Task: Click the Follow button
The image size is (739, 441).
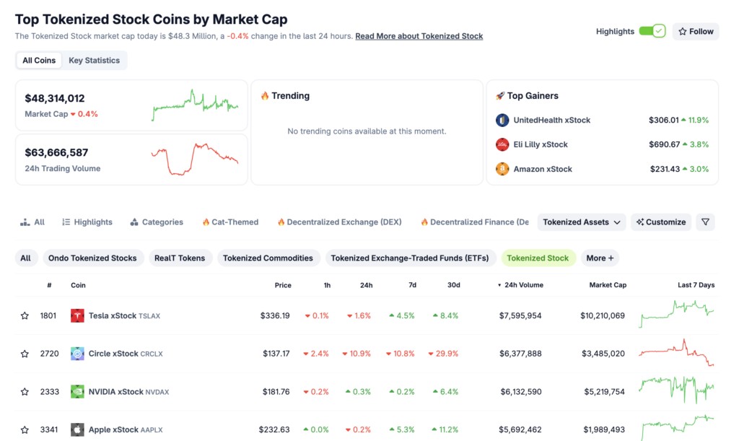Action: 695,31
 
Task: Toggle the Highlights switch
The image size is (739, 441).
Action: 652,31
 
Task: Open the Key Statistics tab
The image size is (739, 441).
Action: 94,61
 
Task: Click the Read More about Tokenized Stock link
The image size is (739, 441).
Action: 419,36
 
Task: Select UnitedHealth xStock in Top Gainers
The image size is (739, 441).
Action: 551,120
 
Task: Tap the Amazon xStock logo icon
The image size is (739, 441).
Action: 502,169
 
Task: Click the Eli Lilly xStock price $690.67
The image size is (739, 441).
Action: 664,144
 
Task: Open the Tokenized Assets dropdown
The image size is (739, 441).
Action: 582,222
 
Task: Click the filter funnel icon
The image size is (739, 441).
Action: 705,222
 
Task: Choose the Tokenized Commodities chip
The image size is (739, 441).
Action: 268,258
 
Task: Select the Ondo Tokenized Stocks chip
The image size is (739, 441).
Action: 92,258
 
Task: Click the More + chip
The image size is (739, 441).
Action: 600,258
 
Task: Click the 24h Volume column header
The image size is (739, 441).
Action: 522,285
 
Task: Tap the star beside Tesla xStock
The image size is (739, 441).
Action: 25,315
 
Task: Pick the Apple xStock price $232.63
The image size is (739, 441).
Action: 274,429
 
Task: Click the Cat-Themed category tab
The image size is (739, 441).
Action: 230,222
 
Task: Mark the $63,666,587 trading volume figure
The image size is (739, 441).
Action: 56,152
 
